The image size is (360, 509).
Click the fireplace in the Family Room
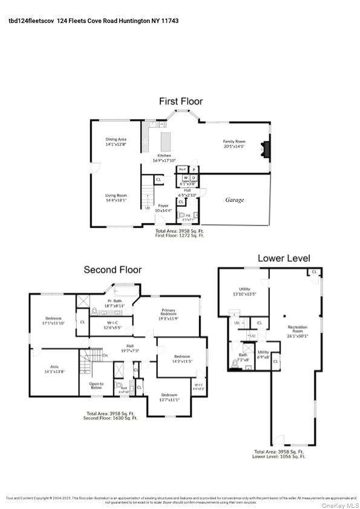[263, 149]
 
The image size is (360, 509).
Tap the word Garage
[235, 200]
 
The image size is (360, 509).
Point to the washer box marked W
[186, 178]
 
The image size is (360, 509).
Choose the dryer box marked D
[194, 178]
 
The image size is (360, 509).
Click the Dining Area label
[116, 140]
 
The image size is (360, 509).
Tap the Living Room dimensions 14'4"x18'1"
[116, 200]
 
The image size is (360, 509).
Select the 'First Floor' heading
[181, 102]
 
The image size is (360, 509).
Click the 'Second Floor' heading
[113, 270]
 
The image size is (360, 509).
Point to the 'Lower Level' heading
[284, 258]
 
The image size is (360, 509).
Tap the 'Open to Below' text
[96, 386]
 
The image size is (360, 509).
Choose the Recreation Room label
[297, 329]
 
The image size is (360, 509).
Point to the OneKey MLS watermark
[340, 505]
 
